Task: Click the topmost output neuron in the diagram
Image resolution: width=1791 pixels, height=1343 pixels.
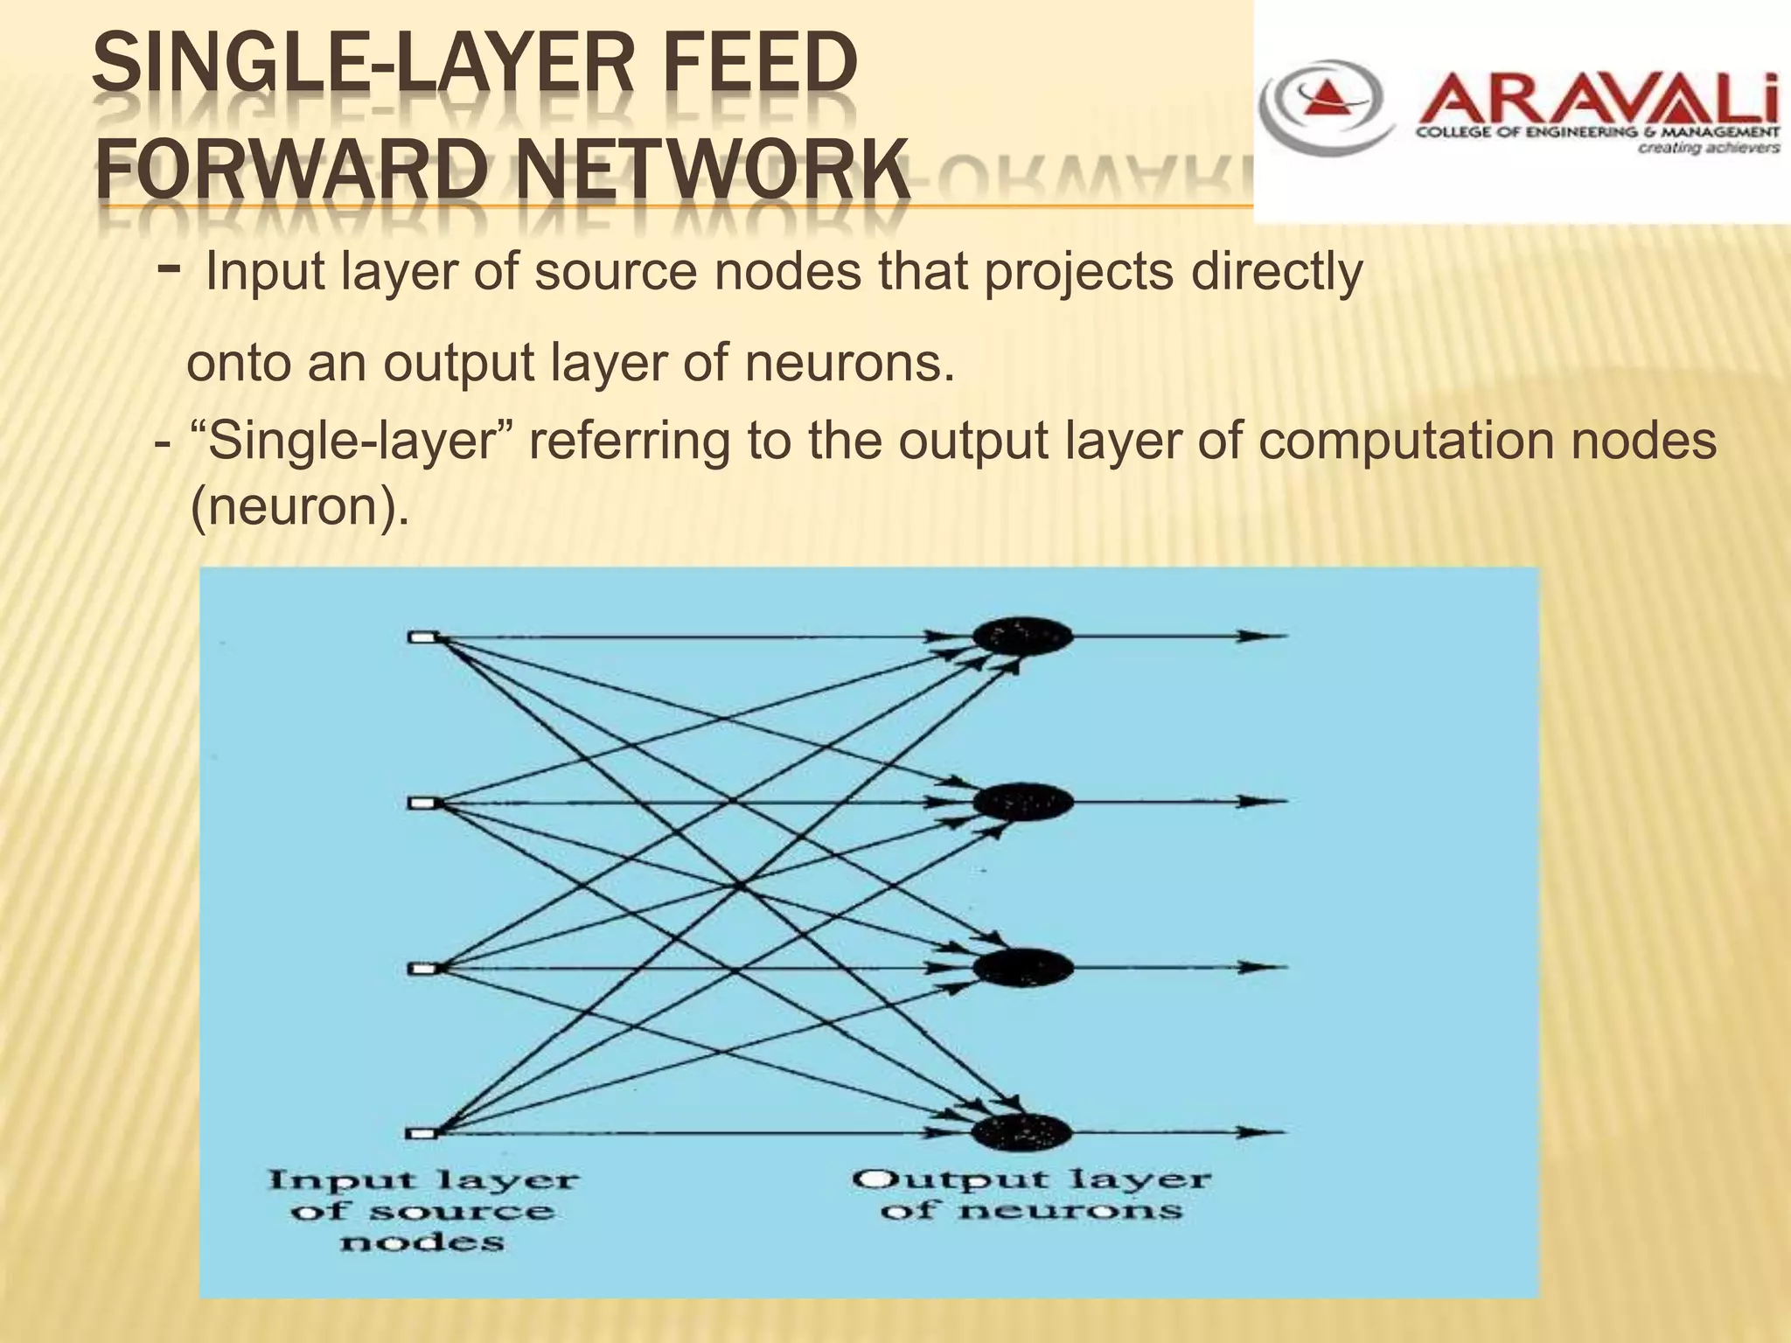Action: (1021, 636)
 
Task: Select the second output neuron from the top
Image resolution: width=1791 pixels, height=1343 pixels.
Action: (1021, 801)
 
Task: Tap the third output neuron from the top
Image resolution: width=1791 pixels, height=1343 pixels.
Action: (1021, 967)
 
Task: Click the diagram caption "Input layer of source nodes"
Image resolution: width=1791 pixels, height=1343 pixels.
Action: (423, 1211)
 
